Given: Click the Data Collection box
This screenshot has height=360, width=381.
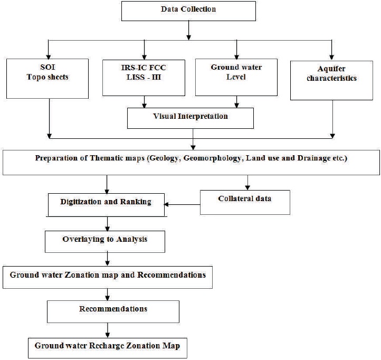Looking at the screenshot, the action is pyautogui.click(x=188, y=11).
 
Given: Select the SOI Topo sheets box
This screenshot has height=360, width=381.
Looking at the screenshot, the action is pyautogui.click(x=47, y=79).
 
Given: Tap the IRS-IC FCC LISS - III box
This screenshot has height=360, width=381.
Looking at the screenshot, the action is pyautogui.click(x=144, y=78).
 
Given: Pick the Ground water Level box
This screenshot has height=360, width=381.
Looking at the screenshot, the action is pyautogui.click(x=236, y=77).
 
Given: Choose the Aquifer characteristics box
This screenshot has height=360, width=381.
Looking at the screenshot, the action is pyautogui.click(x=331, y=80).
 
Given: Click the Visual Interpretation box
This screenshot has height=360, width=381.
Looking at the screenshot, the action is pyautogui.click(x=190, y=118).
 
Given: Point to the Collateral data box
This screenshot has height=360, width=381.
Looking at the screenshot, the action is pyautogui.click(x=245, y=203).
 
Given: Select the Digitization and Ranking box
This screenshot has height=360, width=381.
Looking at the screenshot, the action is pyautogui.click(x=106, y=205).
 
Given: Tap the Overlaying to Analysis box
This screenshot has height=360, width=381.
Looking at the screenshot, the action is pyautogui.click(x=105, y=242).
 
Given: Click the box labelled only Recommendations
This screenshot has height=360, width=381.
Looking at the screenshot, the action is pyautogui.click(x=113, y=311).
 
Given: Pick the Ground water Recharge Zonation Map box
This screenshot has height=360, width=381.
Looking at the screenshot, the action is pyautogui.click(x=108, y=348).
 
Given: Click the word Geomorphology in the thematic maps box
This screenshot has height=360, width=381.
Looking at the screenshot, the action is pyautogui.click(x=212, y=158).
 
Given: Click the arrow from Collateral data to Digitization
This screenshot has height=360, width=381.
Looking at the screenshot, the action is pyautogui.click(x=182, y=204).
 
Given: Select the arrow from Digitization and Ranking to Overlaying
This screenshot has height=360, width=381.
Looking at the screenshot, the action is pyautogui.click(x=108, y=224).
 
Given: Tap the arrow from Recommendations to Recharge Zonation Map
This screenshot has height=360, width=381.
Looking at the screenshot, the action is pyautogui.click(x=108, y=330).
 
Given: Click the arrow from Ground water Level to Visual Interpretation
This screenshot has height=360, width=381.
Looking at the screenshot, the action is pyautogui.click(x=236, y=102).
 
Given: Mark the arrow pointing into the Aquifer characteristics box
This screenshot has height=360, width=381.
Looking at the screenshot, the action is pyautogui.click(x=332, y=50).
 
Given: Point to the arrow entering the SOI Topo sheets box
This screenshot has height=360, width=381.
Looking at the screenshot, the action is pyautogui.click(x=49, y=50).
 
